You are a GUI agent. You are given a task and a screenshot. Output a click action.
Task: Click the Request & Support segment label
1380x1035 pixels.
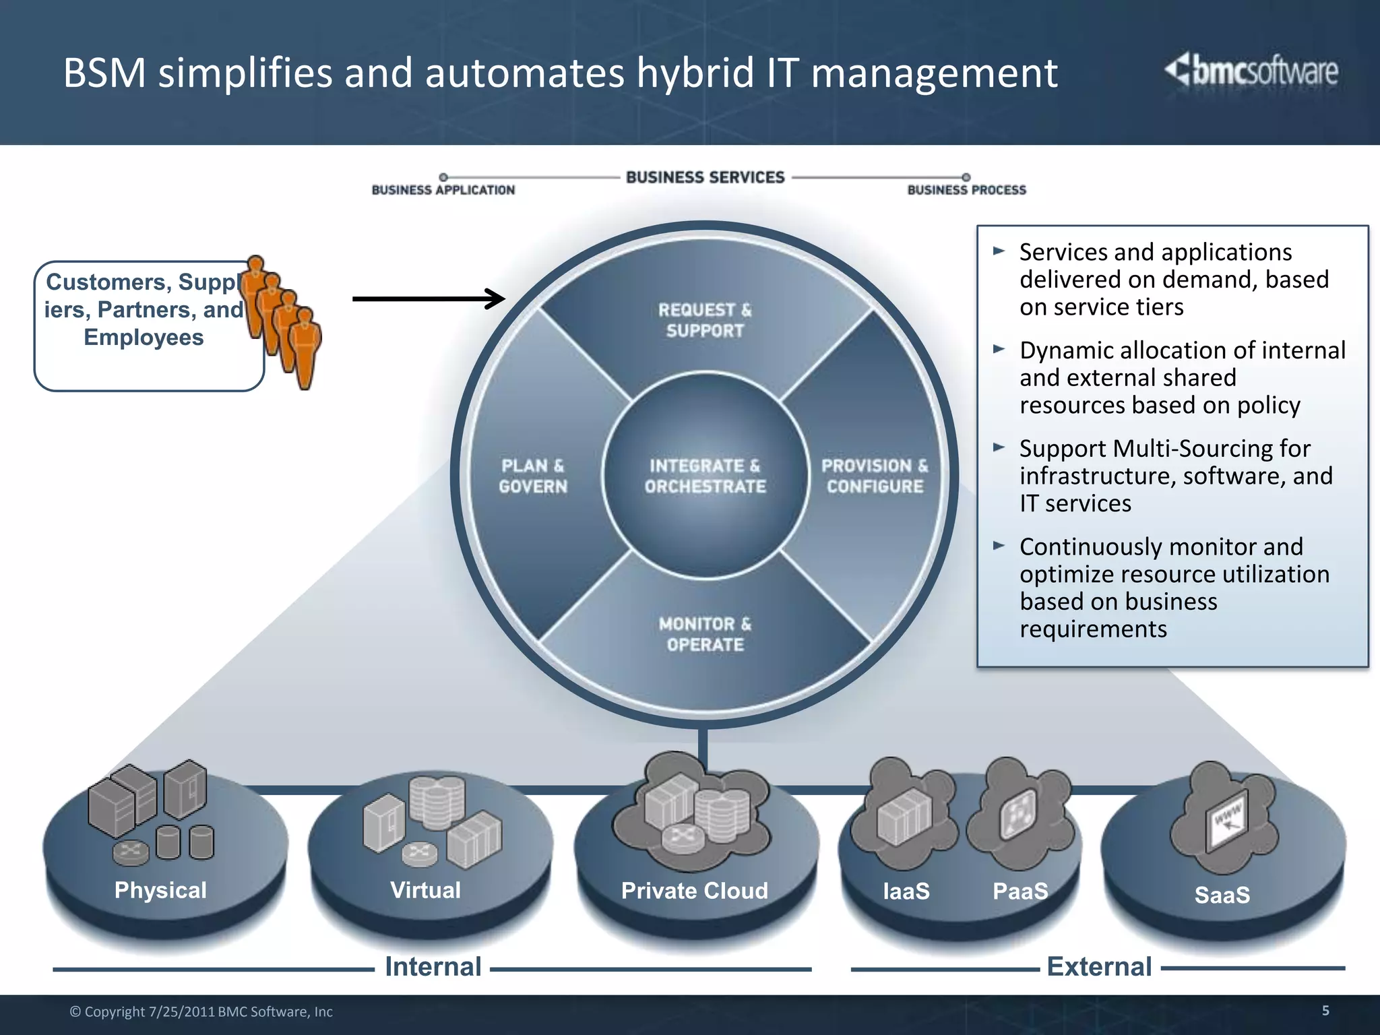pos(705,320)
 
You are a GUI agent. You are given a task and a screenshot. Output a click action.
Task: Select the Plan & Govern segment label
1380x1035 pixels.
pos(533,476)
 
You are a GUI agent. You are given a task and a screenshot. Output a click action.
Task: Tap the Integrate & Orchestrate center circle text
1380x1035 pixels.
pos(705,476)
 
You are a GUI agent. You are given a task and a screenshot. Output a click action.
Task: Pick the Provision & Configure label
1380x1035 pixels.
pos(875,476)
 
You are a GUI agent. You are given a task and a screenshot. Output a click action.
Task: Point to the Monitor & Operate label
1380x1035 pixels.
pos(705,634)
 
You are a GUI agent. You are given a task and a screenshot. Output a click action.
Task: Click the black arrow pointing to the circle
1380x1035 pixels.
pos(429,299)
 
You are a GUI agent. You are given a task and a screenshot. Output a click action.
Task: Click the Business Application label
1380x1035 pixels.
pos(443,190)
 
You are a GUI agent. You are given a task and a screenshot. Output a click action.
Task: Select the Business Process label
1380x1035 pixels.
pos(966,190)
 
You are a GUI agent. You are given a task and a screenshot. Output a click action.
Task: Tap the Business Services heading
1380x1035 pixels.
pos(705,177)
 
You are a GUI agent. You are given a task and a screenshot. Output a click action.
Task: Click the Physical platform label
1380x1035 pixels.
pos(160,890)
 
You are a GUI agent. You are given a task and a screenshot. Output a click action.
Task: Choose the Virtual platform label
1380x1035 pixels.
pos(425,890)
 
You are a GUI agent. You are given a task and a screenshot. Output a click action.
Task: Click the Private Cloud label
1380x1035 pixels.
pos(694,891)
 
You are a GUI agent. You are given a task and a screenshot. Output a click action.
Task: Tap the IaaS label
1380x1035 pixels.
pos(906,891)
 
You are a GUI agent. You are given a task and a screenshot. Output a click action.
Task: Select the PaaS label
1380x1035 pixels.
pos(1020,891)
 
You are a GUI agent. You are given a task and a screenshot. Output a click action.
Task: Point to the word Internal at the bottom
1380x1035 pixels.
pos(433,967)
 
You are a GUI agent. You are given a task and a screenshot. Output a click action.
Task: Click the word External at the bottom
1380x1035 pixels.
pos(1099,967)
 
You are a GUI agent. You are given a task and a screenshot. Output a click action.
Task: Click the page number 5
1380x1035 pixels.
pos(1325,1010)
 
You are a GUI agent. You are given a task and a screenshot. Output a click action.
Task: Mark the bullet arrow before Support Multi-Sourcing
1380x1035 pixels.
pos(999,447)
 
